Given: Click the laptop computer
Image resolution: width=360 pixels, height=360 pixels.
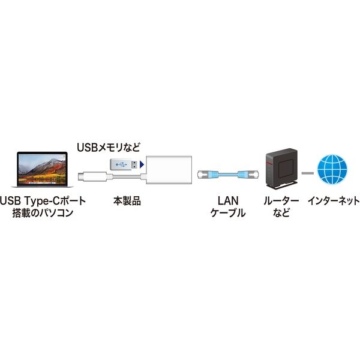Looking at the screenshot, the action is point(42,169).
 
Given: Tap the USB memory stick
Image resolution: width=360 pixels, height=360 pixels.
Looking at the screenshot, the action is point(124,164).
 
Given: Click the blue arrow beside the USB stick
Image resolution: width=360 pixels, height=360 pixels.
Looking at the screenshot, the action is point(142,164).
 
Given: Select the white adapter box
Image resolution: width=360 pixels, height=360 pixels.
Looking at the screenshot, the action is point(169,170).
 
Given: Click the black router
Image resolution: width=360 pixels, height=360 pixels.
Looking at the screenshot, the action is point(282,169).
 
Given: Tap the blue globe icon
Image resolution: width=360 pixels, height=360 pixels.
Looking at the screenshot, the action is point(332,169).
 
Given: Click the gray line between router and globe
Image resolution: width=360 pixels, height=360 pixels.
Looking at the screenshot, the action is point(308,173).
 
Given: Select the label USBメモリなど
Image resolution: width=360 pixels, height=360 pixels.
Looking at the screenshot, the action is point(109,147).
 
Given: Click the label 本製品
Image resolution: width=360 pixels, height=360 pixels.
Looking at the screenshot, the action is point(127,201).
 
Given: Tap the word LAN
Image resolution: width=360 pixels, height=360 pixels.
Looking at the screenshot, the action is point(228,200).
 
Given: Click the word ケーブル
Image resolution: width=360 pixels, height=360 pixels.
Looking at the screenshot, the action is point(228,212).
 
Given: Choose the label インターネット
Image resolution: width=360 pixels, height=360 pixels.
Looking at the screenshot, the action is point(334,201).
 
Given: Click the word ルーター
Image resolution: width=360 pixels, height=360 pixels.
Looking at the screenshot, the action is point(281,201).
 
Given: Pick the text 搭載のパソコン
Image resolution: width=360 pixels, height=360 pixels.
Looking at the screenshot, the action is point(43,212).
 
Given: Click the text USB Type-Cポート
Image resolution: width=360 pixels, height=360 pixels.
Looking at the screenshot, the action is point(43,201).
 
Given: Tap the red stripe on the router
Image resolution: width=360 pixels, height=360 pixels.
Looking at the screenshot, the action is point(268,163).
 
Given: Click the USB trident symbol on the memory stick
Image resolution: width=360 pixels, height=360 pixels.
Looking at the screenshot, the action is point(121,164).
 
